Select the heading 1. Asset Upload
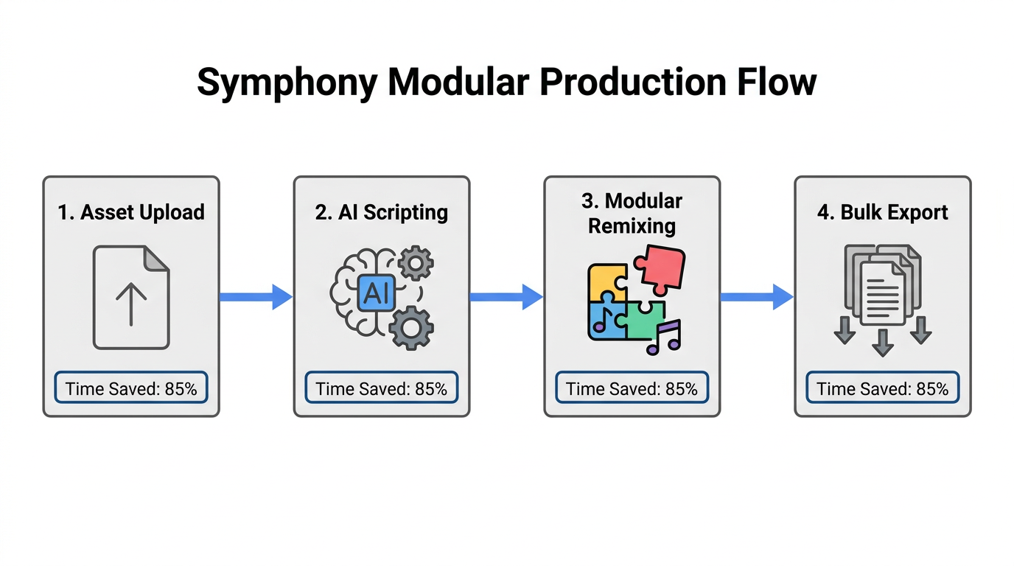pyautogui.click(x=131, y=212)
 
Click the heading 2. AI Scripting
pyautogui.click(x=381, y=212)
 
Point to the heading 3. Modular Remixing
pyautogui.click(x=632, y=213)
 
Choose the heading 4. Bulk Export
pyautogui.click(x=882, y=212)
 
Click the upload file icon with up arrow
pyautogui.click(x=131, y=297)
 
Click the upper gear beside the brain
pyautogui.click(x=416, y=263)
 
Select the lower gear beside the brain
pyautogui.click(x=411, y=327)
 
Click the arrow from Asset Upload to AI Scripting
pyautogui.click(x=256, y=296)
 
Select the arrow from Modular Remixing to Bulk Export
pyautogui.click(x=757, y=296)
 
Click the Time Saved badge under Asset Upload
pyautogui.click(x=131, y=388)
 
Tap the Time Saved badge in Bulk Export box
pyautogui.click(x=882, y=388)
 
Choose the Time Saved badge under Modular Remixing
pyautogui.click(x=632, y=388)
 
